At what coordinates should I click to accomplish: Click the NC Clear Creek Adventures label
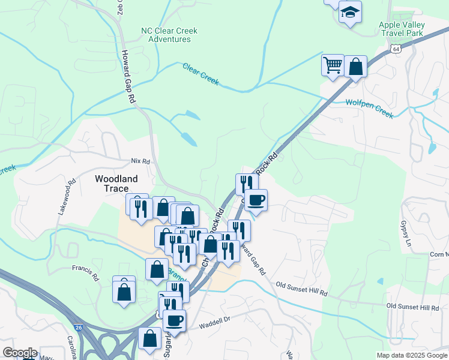click(169, 35)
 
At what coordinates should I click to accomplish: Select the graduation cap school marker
click(349, 12)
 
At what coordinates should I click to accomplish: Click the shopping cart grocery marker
click(333, 65)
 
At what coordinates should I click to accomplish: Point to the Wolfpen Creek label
click(369, 109)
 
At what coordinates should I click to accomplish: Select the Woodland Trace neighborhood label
click(116, 184)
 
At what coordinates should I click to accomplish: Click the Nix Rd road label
click(140, 161)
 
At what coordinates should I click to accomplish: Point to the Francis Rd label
click(85, 272)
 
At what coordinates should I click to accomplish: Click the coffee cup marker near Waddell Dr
click(174, 320)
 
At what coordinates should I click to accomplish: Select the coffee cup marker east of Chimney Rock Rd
click(256, 199)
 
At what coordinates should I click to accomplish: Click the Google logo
click(19, 353)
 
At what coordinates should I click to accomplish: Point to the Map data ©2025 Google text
click(412, 355)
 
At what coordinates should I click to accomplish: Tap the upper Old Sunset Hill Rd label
click(301, 289)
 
